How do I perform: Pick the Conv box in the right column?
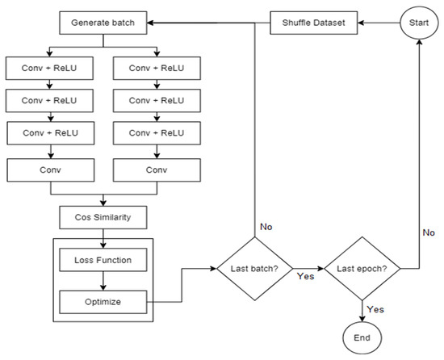tap(153, 170)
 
